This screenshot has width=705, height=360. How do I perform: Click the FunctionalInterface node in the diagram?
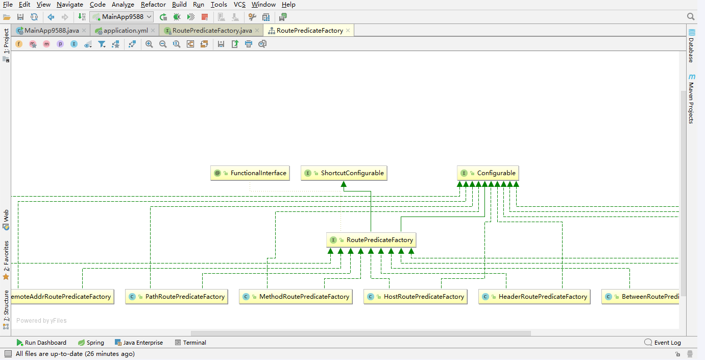pyautogui.click(x=250, y=173)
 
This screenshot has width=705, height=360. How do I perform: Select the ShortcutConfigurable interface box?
pyautogui.click(x=344, y=173)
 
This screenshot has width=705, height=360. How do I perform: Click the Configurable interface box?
pyautogui.click(x=488, y=173)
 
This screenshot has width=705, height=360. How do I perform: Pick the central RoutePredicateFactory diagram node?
pyautogui.click(x=371, y=240)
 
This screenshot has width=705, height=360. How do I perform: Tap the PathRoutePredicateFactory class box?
pyautogui.click(x=177, y=297)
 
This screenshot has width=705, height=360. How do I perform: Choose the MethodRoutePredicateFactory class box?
pyautogui.click(x=296, y=297)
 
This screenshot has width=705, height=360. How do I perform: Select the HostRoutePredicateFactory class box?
pyautogui.click(x=416, y=297)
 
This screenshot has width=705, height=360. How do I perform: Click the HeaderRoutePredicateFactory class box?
pyautogui.click(x=534, y=297)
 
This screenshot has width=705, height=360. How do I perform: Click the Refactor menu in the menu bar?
pyautogui.click(x=153, y=5)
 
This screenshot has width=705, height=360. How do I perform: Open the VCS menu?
pyautogui.click(x=239, y=5)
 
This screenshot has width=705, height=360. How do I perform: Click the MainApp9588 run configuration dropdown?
pyautogui.click(x=121, y=17)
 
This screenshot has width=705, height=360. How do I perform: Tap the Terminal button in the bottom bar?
pyautogui.click(x=191, y=343)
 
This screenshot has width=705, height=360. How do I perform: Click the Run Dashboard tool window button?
pyautogui.click(x=41, y=343)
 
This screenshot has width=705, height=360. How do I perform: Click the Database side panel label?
pyautogui.click(x=691, y=46)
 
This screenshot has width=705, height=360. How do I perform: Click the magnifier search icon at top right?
pyautogui.click(x=691, y=17)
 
